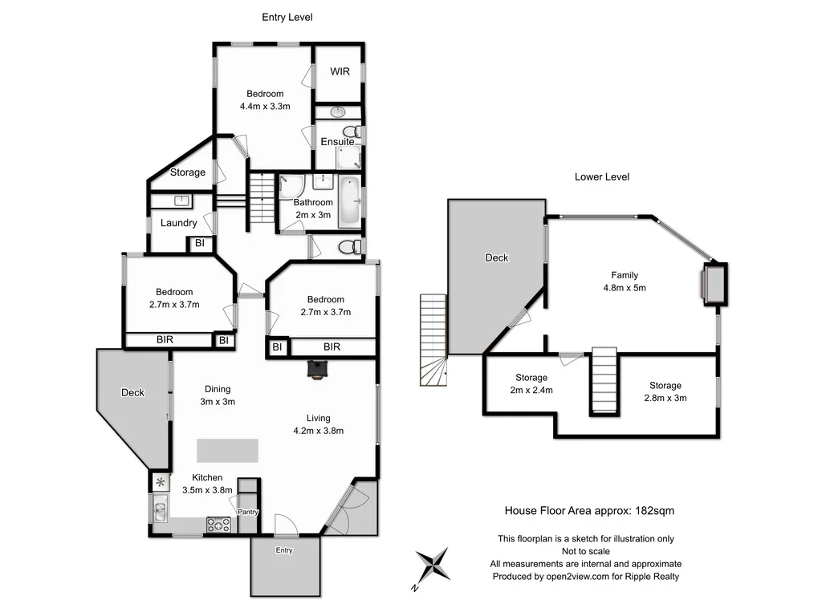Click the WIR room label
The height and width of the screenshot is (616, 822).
coord(340,71)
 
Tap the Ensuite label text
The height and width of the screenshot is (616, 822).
coord(337,142)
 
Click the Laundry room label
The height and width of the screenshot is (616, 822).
coord(178,223)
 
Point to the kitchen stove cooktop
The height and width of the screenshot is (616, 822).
coord(219,525)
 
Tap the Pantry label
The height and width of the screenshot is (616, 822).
coord(247,511)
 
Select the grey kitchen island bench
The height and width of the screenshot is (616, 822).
coord(228,450)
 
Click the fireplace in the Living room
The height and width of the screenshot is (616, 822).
coord(318,368)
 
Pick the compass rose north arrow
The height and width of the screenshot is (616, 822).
coord(433,565)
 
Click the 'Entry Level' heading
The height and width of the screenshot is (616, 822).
coord(287,17)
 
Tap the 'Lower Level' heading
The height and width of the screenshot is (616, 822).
coord(602,176)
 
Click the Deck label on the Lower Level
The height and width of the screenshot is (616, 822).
coord(497,258)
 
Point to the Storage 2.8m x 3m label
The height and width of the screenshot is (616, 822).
coord(665,398)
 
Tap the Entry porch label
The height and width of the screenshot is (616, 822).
coord(284,550)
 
